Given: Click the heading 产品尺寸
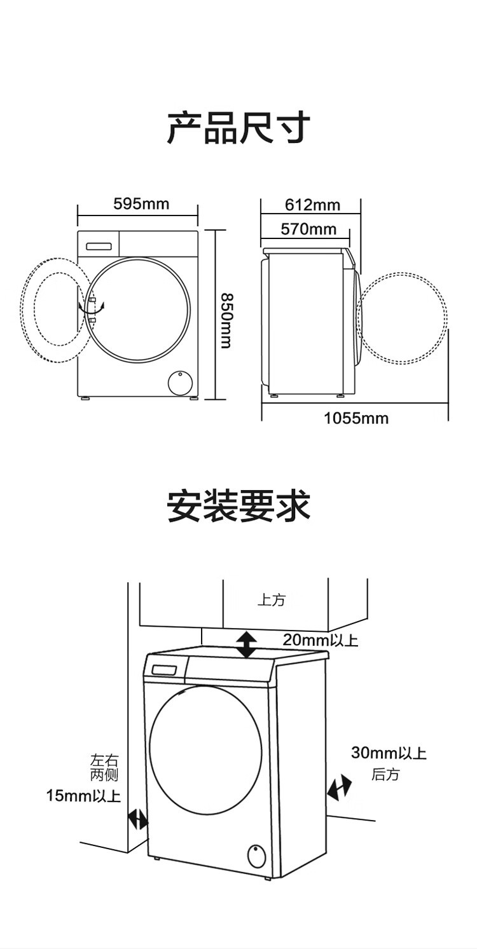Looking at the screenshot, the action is click(x=238, y=128).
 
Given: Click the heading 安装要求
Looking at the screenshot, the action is click(x=238, y=506).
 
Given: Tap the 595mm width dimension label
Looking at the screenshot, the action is click(x=141, y=203).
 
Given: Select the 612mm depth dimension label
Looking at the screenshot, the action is click(x=312, y=205).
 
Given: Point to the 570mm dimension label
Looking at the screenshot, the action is click(x=308, y=229).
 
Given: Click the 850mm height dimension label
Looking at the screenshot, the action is click(x=225, y=320).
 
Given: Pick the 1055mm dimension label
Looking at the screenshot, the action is click(x=356, y=418).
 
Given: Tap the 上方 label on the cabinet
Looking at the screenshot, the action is click(x=272, y=599).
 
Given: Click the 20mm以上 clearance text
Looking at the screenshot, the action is click(x=321, y=640).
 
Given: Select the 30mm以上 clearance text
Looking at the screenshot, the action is click(x=389, y=753).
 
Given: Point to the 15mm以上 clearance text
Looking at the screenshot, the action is click(x=83, y=795).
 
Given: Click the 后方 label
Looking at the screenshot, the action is click(x=386, y=774).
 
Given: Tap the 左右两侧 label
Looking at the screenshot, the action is click(x=104, y=767).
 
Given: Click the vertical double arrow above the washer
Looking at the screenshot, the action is click(x=247, y=645).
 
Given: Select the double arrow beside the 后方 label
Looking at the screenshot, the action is click(x=340, y=788).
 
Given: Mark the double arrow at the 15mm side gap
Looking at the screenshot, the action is click(x=137, y=819).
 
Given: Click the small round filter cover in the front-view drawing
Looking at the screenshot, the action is click(x=180, y=383).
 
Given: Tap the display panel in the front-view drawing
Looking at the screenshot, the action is click(x=99, y=245).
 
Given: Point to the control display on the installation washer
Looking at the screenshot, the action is click(x=165, y=669).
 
